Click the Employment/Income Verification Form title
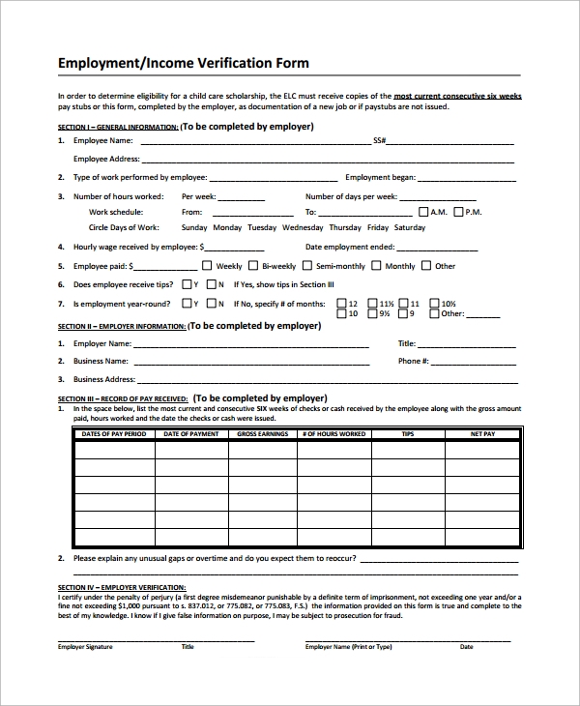[184, 63]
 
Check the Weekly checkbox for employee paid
[208, 266]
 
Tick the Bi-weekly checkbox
[253, 266]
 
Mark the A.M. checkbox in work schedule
[422, 212]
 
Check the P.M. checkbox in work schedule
[457, 212]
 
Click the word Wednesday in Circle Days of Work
[303, 228]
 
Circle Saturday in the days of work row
[409, 228]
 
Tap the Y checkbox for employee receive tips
[186, 284]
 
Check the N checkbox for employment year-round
[211, 303]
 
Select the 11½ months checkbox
[372, 303]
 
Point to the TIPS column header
[407, 435]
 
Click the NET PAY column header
[482, 435]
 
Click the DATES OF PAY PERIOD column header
[114, 435]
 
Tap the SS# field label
[380, 141]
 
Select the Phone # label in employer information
[413, 361]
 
